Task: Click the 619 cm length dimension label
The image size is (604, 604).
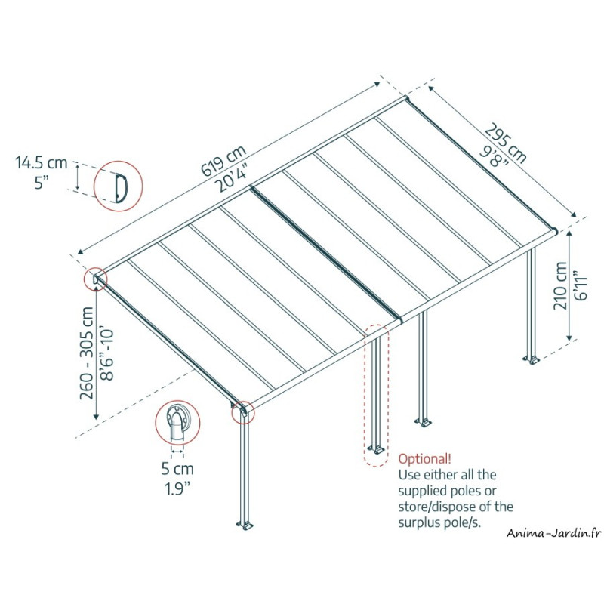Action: pyautogui.click(x=223, y=161)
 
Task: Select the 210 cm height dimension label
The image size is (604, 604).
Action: pyautogui.click(x=560, y=285)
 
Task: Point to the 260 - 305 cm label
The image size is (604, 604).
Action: pyautogui.click(x=87, y=353)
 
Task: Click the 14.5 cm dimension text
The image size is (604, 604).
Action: pyautogui.click(x=42, y=162)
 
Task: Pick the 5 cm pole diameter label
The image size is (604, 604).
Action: pyautogui.click(x=177, y=469)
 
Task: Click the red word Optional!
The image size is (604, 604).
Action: pyautogui.click(x=424, y=459)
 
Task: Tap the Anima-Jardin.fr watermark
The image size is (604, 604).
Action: pyautogui.click(x=554, y=533)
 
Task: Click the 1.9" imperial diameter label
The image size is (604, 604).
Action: pyautogui.click(x=177, y=488)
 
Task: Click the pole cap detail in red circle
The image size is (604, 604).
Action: pyautogui.click(x=177, y=423)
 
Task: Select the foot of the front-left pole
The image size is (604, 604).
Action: pyautogui.click(x=245, y=525)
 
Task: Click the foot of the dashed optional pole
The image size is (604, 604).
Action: pyautogui.click(x=375, y=449)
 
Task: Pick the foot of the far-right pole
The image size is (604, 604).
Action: pyautogui.click(x=531, y=361)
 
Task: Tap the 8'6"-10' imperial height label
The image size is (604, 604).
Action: pyautogui.click(x=106, y=355)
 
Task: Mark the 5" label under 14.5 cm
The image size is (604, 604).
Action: pyautogui.click(x=41, y=182)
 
